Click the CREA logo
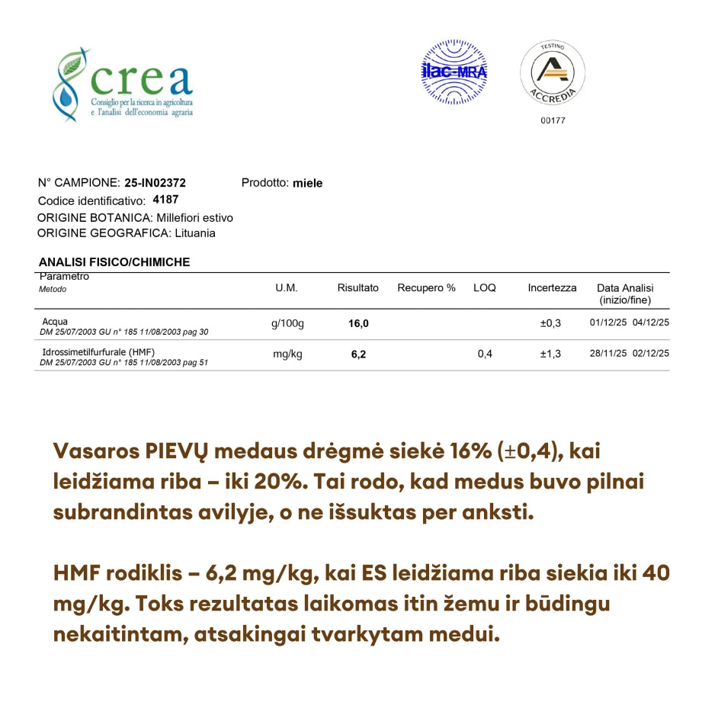[122, 84]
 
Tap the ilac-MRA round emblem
[454, 73]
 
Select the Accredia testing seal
[553, 72]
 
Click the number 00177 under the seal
[553, 120]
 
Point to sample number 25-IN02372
[155, 183]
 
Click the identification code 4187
[165, 200]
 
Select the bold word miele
[307, 183]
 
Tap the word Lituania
[194, 233]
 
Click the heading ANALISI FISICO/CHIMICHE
[114, 262]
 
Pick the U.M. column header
[287, 288]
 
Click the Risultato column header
[358, 288]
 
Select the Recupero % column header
[426, 288]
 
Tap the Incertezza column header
[552, 288]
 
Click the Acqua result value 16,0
[358, 323]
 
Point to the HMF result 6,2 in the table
[358, 354]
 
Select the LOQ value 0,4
[485, 354]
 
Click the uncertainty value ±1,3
[550, 354]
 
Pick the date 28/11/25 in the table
[608, 354]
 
